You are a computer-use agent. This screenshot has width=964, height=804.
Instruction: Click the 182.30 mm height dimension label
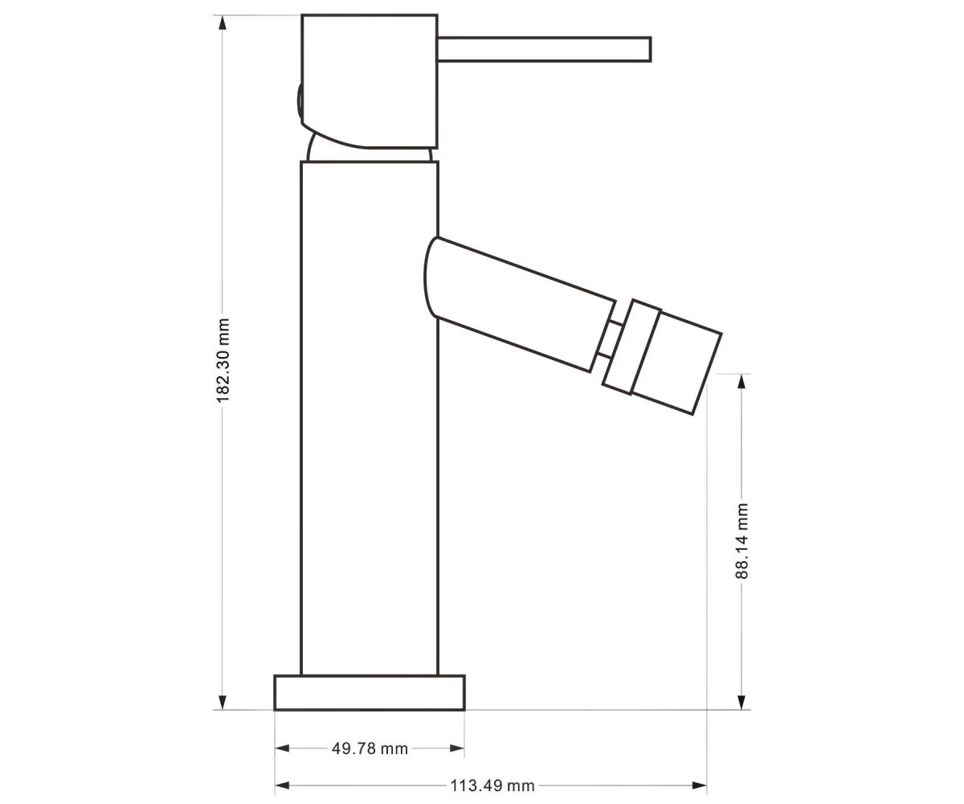(x=223, y=360)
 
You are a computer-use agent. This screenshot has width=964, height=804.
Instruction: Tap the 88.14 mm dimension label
(x=741, y=540)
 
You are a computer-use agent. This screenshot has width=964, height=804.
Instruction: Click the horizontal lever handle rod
(x=545, y=49)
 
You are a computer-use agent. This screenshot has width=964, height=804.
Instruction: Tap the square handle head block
(x=370, y=81)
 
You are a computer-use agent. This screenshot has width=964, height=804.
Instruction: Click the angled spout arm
(x=519, y=304)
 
